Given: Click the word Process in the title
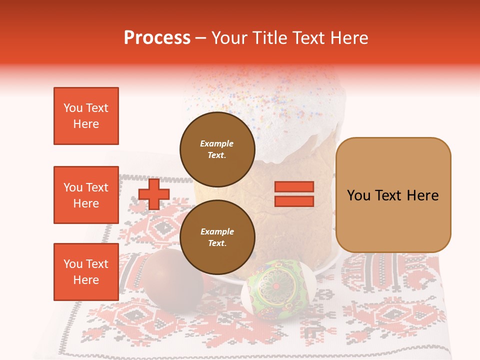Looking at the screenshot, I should click(157, 38).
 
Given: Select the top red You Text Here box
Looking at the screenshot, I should click(86, 116).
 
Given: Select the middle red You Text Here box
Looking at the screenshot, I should click(86, 195).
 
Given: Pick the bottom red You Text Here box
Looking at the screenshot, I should click(86, 272).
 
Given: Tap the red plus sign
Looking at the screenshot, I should click(153, 194).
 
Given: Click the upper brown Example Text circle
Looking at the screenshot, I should click(217, 149).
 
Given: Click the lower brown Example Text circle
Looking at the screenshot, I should click(217, 237).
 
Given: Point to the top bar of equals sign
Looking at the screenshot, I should click(294, 187).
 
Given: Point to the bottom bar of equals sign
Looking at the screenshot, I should click(294, 201).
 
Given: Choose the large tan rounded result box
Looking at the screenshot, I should click(393, 195).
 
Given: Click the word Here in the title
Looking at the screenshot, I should click(348, 38).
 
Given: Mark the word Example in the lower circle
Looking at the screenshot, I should click(217, 231).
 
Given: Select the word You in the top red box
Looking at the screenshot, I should click(73, 108).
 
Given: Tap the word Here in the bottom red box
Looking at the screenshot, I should click(86, 280).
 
